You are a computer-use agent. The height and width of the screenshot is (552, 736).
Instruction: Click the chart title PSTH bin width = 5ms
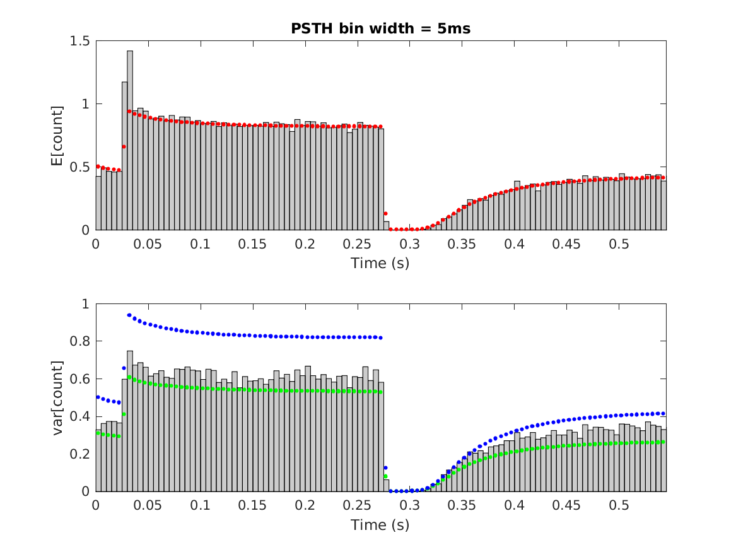(380, 28)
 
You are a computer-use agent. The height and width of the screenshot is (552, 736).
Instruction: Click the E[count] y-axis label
(58, 136)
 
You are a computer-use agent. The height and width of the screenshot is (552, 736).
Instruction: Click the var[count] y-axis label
(58, 397)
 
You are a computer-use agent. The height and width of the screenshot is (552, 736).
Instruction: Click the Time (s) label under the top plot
(380, 263)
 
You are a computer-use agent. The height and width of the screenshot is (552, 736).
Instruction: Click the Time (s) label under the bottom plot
(380, 524)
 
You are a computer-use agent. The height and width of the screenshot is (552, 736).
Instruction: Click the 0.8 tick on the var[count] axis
(81, 342)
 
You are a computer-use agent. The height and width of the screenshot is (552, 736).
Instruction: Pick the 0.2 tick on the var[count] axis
(81, 454)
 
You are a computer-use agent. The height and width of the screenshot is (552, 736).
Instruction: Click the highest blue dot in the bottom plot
(129, 315)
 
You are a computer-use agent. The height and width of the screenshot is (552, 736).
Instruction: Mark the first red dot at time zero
(98, 167)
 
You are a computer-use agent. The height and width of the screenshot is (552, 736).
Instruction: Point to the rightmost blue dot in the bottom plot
(663, 414)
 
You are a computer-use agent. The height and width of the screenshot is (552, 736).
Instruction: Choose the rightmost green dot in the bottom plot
(663, 442)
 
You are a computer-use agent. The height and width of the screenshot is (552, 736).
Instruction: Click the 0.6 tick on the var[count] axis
(81, 379)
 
